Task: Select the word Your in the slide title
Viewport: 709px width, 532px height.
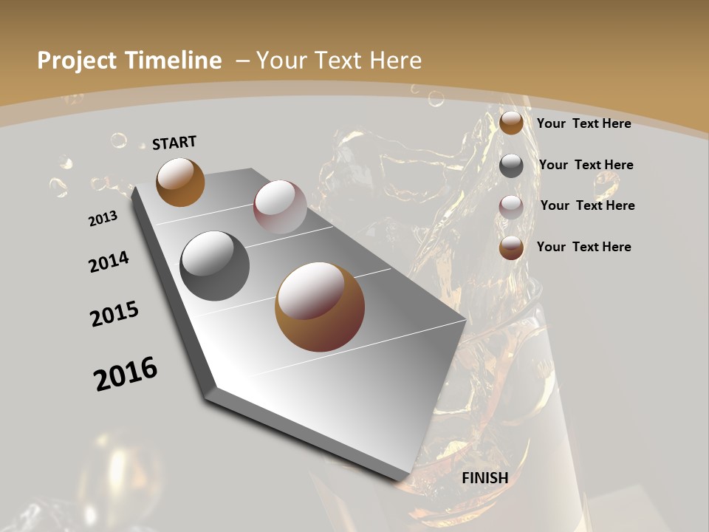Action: (x=281, y=61)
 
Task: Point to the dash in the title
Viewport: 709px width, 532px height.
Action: (x=242, y=61)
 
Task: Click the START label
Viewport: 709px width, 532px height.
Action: (x=174, y=142)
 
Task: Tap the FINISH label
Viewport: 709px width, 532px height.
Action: (x=484, y=478)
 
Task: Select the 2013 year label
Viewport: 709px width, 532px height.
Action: (x=103, y=219)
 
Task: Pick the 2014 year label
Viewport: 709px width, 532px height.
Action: (x=109, y=262)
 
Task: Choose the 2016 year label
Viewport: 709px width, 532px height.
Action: (x=126, y=374)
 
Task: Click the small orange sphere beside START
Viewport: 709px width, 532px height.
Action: (x=180, y=182)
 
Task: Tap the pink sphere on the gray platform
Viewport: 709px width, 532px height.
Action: (x=280, y=206)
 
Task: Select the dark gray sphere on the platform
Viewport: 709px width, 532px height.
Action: (x=214, y=266)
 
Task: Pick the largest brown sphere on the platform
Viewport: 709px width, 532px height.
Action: (x=320, y=307)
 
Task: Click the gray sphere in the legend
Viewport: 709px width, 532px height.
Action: (x=511, y=166)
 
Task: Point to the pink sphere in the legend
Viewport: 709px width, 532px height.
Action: (x=511, y=206)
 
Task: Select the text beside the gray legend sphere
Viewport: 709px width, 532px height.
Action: (x=586, y=165)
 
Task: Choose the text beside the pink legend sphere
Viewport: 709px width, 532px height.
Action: (x=587, y=205)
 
